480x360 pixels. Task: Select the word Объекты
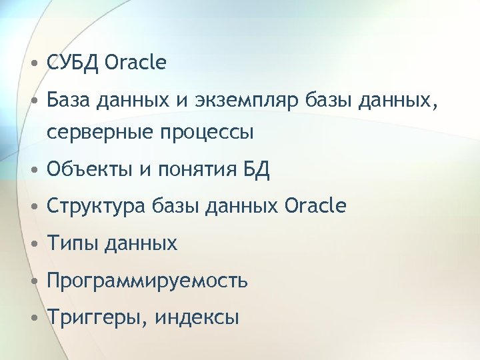pyautogui.click(x=89, y=170)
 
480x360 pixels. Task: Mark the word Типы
pyautogui.click(x=69, y=244)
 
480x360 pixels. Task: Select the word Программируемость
pyautogui.click(x=147, y=281)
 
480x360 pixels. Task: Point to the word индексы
pyautogui.click(x=197, y=318)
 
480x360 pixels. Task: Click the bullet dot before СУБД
pyautogui.click(x=34, y=64)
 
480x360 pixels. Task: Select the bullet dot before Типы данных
pyautogui.click(x=34, y=244)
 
